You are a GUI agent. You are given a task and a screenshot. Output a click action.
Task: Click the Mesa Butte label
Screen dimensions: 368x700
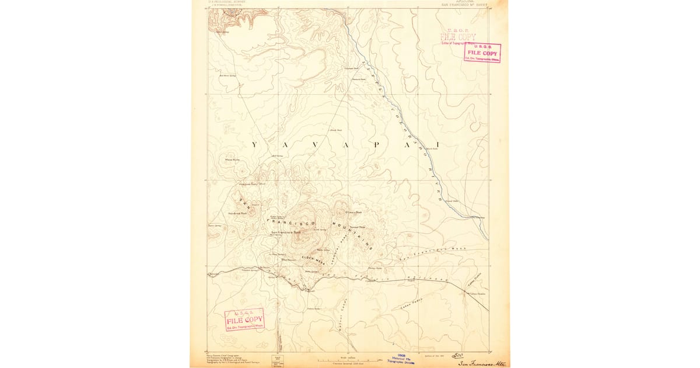[232, 159]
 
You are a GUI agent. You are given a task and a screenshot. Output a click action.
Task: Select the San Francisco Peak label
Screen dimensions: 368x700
[286, 232]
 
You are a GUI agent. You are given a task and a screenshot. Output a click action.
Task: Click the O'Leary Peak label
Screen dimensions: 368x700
[353, 212]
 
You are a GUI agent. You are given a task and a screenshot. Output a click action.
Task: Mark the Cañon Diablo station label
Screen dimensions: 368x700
[478, 294]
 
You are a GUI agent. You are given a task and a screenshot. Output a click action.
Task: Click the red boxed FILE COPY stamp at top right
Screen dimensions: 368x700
[482, 53]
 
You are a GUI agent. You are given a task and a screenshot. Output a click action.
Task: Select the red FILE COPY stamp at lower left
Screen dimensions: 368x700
[245, 320]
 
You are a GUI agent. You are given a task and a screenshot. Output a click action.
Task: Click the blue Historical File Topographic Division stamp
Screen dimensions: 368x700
[402, 359]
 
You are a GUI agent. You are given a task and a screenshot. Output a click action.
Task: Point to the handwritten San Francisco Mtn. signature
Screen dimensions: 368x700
[481, 363]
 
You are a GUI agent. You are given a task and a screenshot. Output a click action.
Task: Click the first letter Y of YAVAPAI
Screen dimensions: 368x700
[254, 144]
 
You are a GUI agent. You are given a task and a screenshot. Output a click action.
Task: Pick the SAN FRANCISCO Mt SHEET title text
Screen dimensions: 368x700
[464, 4]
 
